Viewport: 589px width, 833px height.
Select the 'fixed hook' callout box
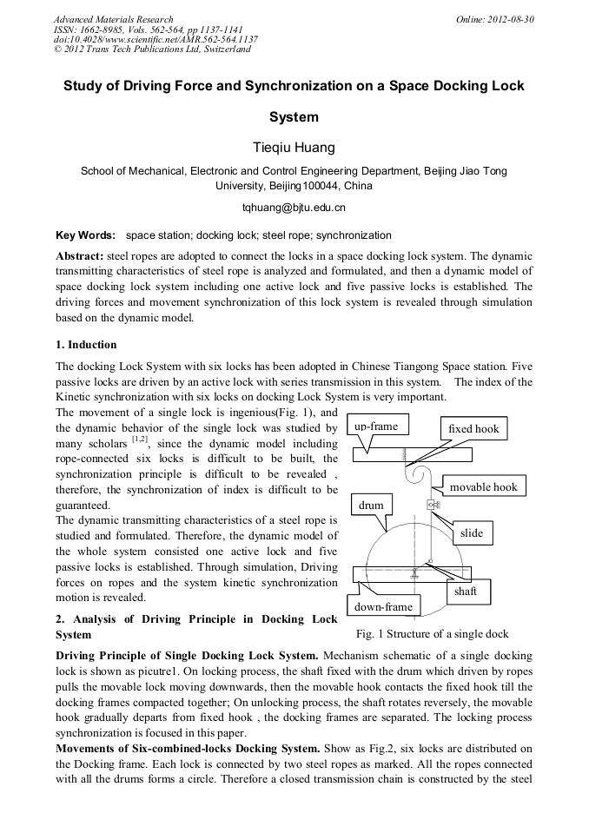(473, 429)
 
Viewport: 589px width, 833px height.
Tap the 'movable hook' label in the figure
(483, 487)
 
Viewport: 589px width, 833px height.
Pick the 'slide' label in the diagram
(471, 532)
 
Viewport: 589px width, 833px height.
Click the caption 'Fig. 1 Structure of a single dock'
(432, 634)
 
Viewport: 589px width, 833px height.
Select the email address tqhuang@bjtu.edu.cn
(294, 208)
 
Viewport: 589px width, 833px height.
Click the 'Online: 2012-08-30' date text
(494, 19)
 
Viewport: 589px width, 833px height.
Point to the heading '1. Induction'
(86, 345)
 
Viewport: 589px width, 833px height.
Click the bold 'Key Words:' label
(85, 235)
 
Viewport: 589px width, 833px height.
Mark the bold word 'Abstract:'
(80, 257)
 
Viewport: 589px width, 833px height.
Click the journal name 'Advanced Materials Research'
(113, 19)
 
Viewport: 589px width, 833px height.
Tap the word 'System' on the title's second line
(294, 116)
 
